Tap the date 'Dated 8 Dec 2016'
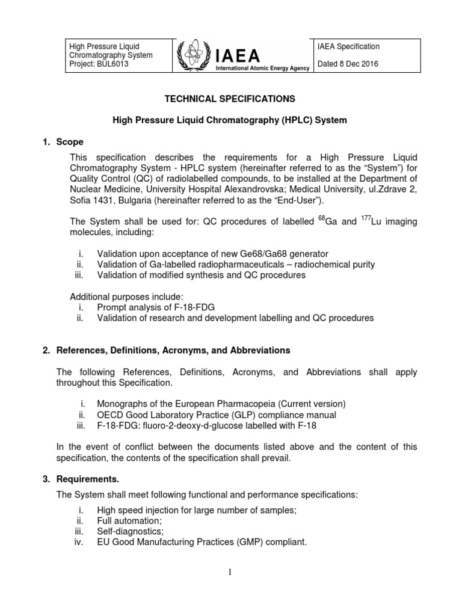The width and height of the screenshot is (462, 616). pos(347,65)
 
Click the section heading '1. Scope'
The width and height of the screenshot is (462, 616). pos(70,142)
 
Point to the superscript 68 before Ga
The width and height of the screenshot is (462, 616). pos(322,218)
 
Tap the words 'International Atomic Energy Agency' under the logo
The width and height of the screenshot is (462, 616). pos(263,69)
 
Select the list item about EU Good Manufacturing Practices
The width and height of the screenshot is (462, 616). pos(202,542)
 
